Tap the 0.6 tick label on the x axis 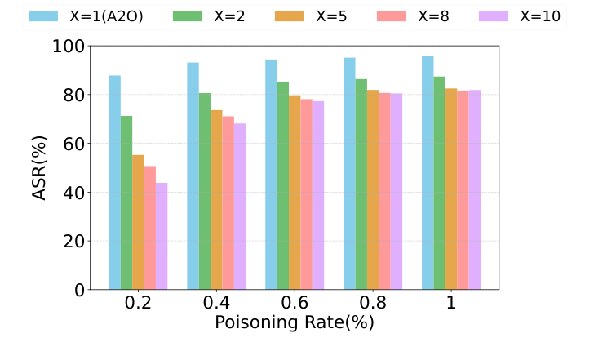295,304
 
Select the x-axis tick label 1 450,304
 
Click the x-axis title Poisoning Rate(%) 295,323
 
